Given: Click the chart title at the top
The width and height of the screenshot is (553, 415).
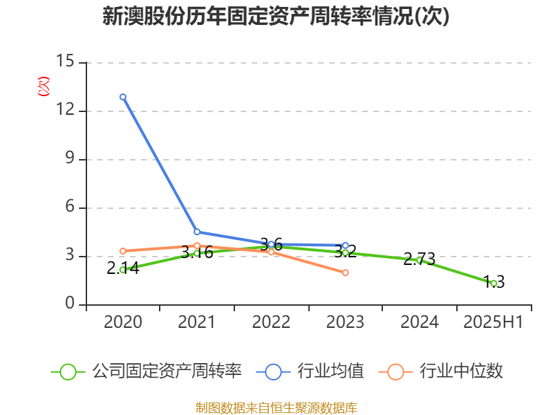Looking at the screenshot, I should (276, 17).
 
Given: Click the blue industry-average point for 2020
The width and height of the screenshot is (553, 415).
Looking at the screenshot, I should (123, 97).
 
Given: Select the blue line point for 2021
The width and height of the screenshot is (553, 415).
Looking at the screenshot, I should (197, 232).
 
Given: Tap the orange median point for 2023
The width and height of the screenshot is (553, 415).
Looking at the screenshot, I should (346, 273).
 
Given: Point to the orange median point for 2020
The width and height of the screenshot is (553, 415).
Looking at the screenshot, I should (123, 251).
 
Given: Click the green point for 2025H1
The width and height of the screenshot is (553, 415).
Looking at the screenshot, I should (494, 283).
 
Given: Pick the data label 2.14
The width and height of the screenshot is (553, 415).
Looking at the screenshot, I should (123, 268).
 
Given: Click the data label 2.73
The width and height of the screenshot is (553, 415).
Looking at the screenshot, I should (420, 259).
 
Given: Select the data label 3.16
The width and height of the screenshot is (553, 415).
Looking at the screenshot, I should (197, 252).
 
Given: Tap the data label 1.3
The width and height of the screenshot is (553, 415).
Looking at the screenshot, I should (494, 282).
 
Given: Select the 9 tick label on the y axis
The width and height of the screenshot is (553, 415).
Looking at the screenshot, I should (70, 159).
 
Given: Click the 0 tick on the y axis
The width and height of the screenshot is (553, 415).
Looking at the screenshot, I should (70, 304).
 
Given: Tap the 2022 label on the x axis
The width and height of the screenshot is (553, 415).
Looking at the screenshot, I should (271, 322).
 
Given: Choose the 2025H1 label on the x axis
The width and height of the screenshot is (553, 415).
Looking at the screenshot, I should (494, 322).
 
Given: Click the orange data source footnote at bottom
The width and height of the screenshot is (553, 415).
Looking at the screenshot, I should (276, 407).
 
